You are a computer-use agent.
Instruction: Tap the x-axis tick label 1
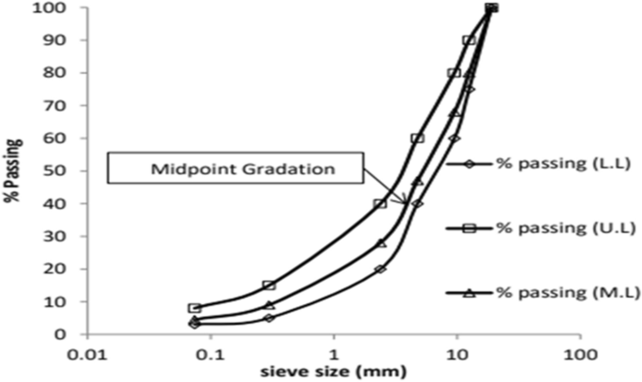coord(334,354)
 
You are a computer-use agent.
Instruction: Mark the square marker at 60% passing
coord(417,139)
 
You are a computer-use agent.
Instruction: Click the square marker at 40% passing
coord(381,203)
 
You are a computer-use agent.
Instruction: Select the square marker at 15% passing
coord(269,285)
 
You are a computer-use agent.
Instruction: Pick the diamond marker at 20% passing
coord(381,269)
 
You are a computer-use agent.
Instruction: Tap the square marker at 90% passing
coord(469,40)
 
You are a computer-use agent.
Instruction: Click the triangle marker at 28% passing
coord(381,242)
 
